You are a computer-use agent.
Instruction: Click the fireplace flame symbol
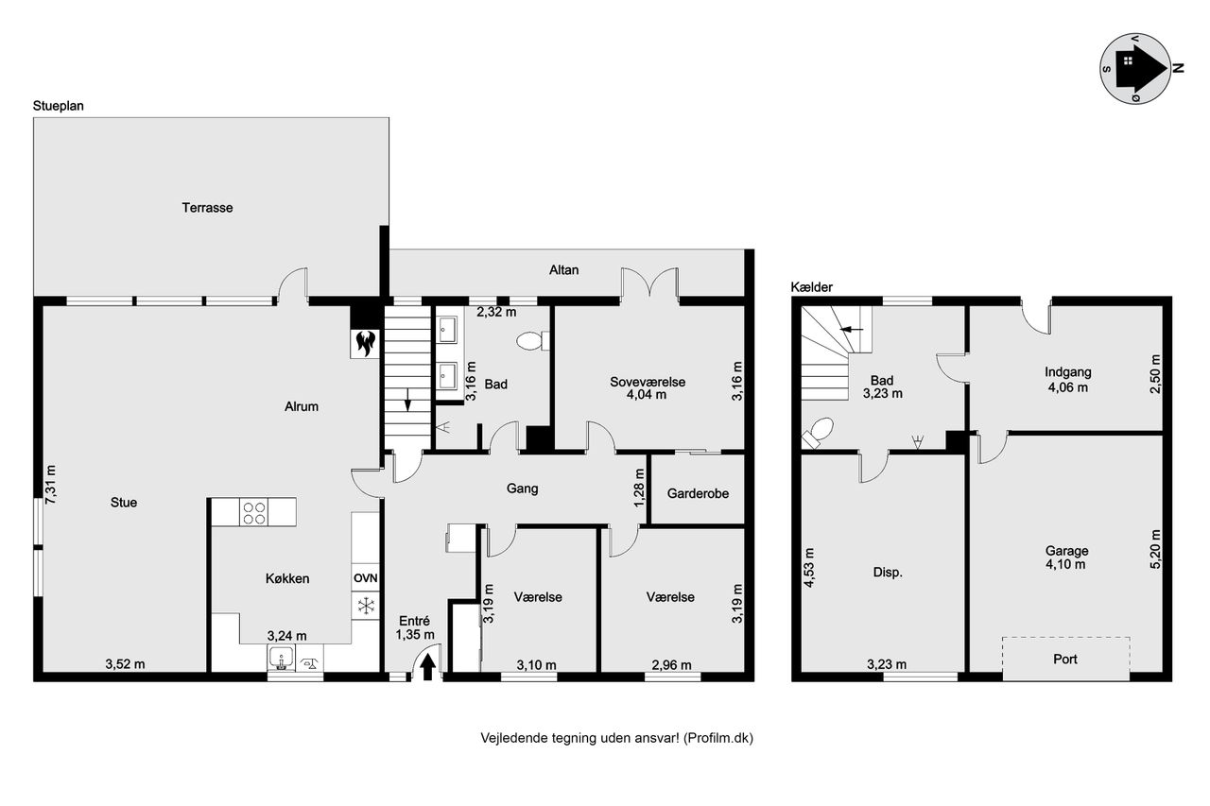click(x=366, y=343)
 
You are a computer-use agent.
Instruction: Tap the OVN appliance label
click(x=366, y=578)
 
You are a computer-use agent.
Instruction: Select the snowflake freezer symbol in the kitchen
click(x=366, y=605)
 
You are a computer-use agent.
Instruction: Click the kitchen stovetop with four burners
click(x=254, y=512)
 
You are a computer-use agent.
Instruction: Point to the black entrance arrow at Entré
click(x=428, y=667)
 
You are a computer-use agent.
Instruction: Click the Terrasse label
click(x=207, y=208)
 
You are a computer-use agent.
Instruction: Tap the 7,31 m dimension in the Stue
click(x=50, y=485)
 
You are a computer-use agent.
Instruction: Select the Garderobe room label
click(x=698, y=493)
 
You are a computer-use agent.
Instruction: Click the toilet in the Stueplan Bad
click(x=532, y=341)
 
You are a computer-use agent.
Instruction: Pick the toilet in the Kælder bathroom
click(x=818, y=433)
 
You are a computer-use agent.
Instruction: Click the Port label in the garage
click(x=1065, y=660)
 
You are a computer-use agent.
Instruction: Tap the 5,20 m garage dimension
click(x=1155, y=549)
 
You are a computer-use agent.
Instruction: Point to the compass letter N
click(x=1179, y=68)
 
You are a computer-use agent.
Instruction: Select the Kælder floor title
click(x=811, y=287)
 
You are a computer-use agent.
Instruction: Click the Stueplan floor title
click(x=59, y=106)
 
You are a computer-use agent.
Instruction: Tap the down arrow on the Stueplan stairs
click(x=407, y=399)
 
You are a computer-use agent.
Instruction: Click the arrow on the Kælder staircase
click(x=852, y=329)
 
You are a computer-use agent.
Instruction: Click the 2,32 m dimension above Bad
click(x=496, y=312)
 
